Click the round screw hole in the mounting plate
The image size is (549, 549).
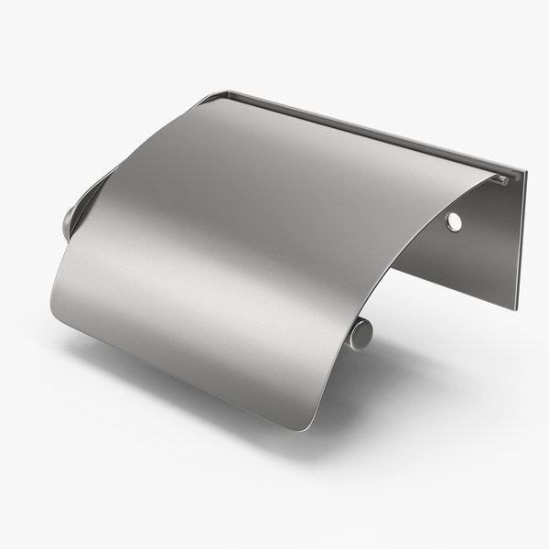coord(453,221)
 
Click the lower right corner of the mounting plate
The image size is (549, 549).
coord(513,307)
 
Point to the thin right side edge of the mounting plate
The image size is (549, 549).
coord(519,238)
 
